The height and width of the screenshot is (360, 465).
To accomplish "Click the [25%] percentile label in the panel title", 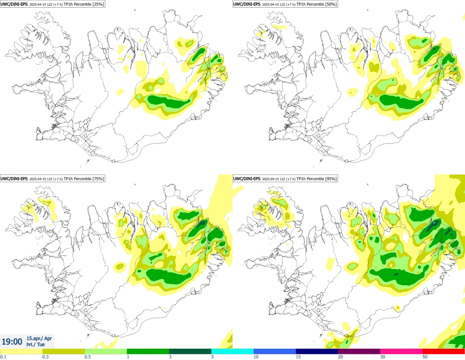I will click(97, 4).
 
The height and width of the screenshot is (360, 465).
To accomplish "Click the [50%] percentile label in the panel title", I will click(330, 4).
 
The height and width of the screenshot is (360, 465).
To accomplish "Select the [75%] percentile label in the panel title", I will click(97, 179).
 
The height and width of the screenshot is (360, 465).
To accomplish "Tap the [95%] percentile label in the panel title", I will click(330, 179).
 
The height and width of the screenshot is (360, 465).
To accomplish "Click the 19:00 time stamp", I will click(12, 342).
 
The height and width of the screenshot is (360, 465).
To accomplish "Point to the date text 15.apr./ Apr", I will click(39, 338).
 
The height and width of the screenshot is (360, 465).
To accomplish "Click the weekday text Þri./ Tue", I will click(36, 345).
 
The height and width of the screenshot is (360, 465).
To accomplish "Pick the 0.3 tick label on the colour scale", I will click(45, 357).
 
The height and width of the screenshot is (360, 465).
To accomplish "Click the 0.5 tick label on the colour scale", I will click(88, 357).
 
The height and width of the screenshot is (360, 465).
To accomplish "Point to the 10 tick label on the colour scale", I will click(256, 357).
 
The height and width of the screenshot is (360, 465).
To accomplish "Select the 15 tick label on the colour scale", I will click(298, 357).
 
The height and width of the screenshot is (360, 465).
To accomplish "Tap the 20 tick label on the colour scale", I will click(340, 357).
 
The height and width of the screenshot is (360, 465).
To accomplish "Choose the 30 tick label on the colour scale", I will click(383, 357).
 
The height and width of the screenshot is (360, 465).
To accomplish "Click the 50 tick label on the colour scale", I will click(425, 357).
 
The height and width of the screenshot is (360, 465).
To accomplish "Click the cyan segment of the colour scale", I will click(232, 351).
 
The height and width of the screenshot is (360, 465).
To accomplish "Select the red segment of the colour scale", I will click(444, 351).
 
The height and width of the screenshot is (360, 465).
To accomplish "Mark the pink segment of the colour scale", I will click(402, 351).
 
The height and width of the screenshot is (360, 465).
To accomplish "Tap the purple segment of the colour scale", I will click(359, 351).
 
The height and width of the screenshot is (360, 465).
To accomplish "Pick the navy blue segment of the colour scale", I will click(317, 351).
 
